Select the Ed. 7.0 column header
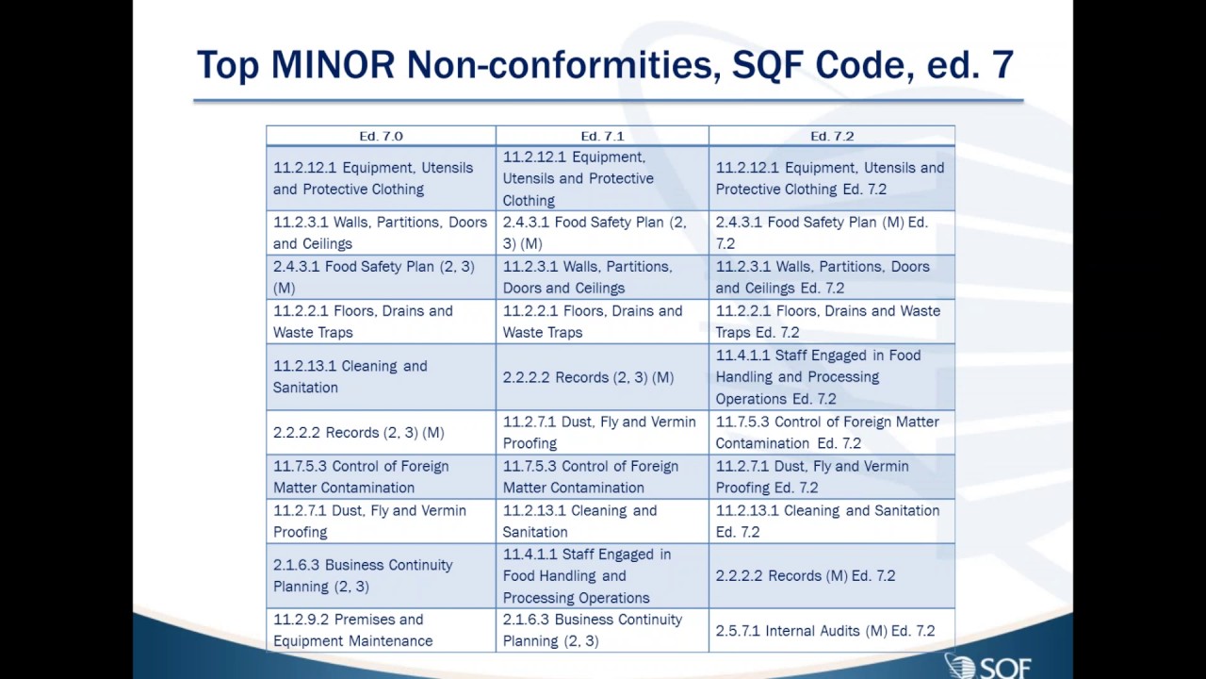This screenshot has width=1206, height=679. [381, 136]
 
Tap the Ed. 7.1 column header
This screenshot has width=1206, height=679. [602, 136]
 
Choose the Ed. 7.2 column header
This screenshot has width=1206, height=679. [832, 136]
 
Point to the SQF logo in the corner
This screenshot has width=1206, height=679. [988, 665]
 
